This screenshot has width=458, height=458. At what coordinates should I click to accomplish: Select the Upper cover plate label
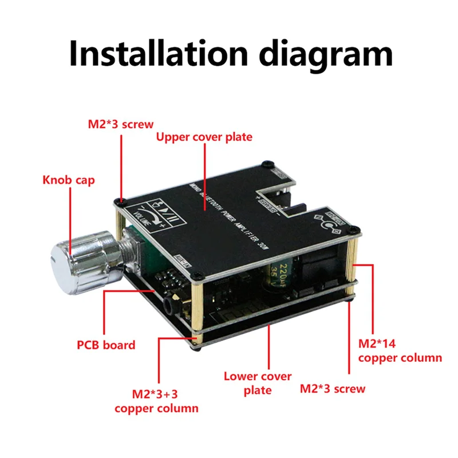pyautogui.click(x=204, y=137)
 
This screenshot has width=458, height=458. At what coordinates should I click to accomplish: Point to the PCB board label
pyautogui.click(x=106, y=345)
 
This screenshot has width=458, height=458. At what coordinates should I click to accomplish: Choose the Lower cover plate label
pyautogui.click(x=258, y=383)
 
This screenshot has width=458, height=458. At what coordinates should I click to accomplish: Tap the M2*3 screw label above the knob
pyautogui.click(x=120, y=123)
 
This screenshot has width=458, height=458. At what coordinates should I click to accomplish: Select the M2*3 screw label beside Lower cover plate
pyautogui.click(x=333, y=389)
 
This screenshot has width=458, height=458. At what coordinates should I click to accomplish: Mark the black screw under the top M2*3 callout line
pyautogui.click(x=121, y=201)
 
